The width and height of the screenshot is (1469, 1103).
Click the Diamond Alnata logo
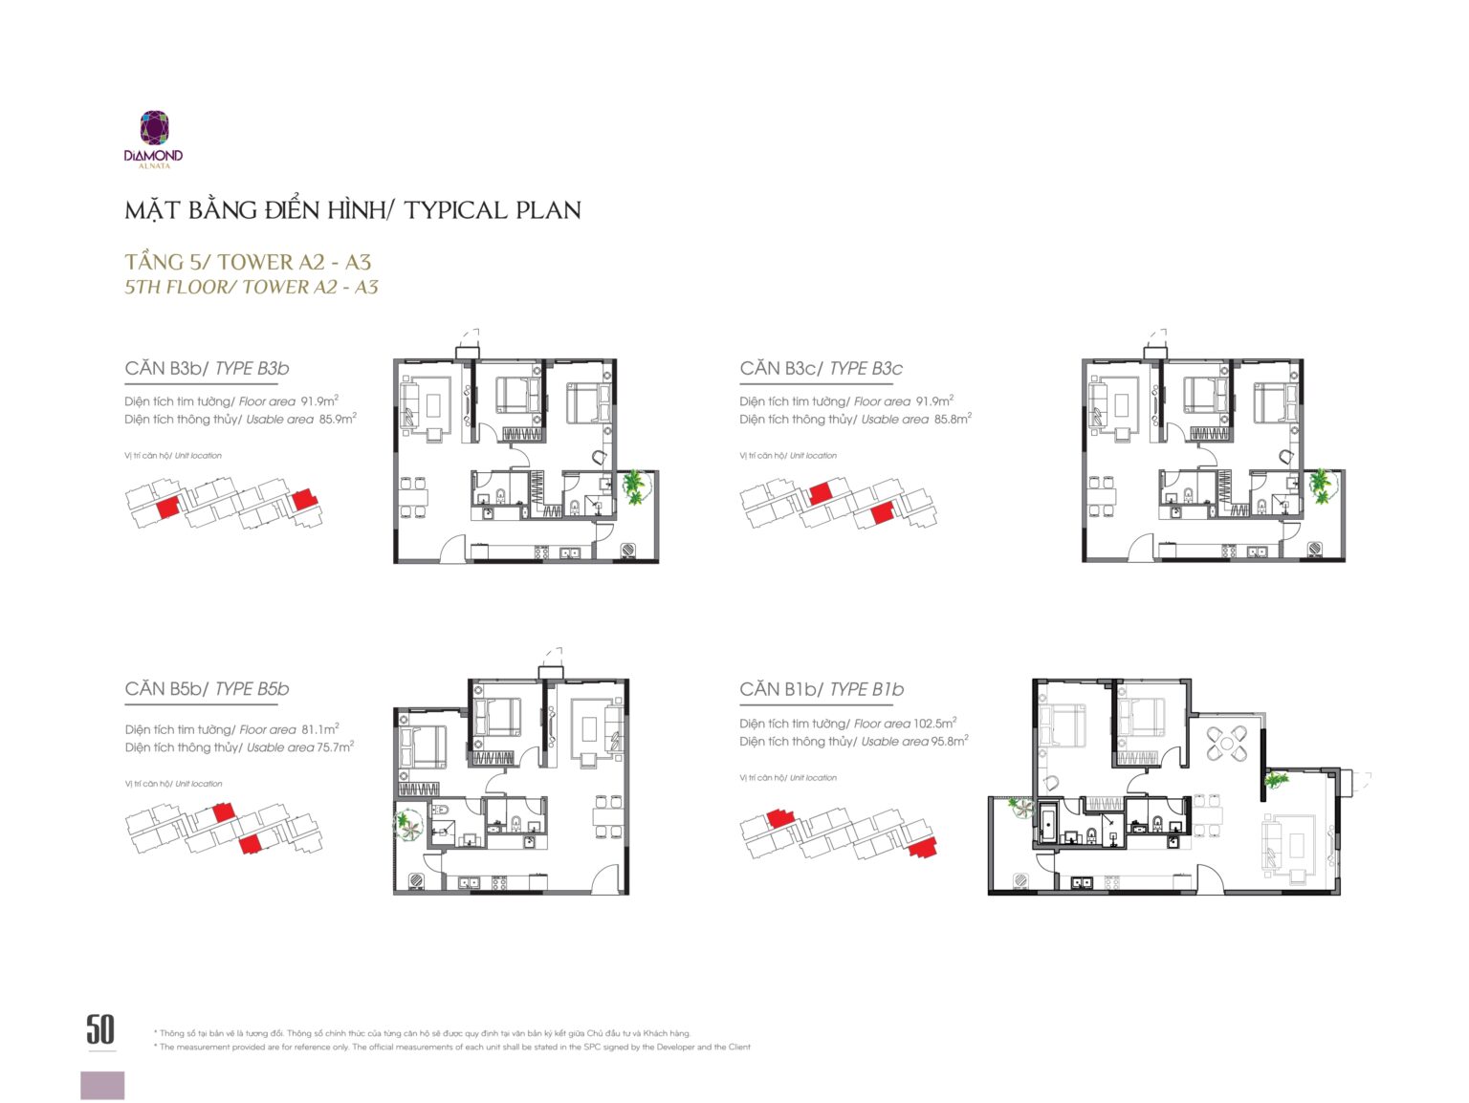[153, 140]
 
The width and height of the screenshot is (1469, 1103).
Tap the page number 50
[100, 1028]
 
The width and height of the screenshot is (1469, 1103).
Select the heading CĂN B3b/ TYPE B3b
[207, 369]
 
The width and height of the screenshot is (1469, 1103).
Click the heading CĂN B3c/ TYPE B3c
[822, 369]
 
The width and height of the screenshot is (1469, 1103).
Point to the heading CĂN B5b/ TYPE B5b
[207, 689]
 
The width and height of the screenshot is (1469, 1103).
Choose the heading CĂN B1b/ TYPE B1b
[822, 690]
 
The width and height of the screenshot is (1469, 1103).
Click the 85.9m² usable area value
[338, 419]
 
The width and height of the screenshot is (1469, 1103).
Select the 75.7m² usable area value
[336, 746]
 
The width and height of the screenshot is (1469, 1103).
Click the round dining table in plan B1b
[1227, 743]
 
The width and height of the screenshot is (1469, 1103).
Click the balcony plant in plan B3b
[634, 487]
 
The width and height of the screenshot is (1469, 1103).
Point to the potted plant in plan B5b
[407, 825]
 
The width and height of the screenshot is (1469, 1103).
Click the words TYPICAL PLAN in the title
[493, 210]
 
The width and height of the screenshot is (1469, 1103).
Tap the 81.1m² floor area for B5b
[319, 729]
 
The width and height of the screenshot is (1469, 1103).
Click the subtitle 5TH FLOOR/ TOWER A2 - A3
[252, 287]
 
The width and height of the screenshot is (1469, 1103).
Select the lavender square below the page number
[102, 1086]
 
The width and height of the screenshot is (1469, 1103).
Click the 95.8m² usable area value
[950, 741]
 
